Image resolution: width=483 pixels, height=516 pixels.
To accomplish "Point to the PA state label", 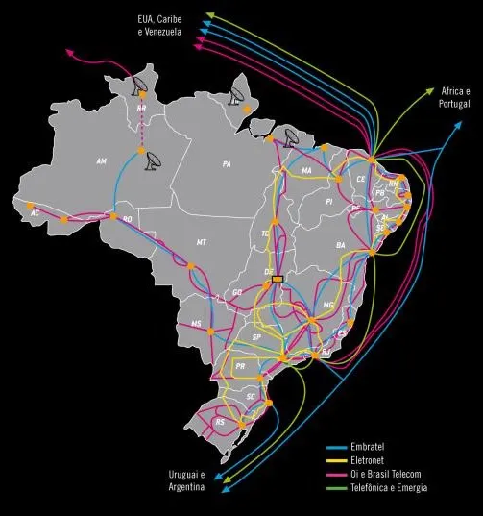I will coord(227,164).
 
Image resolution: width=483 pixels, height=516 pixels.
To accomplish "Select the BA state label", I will coord(340,246).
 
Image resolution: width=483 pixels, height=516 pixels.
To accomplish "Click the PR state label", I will coord(240,366).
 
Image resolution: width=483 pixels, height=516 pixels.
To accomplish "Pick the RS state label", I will coord(220,422).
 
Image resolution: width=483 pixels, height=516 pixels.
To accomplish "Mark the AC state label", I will coord(36,212).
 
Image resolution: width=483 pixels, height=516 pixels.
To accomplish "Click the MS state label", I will coord(197,324).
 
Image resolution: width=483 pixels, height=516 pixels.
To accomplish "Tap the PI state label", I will coord(328,203).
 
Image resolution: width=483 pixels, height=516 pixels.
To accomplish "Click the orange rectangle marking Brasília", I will coord(278,280).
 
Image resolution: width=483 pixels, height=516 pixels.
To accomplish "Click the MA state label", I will coord(307,172).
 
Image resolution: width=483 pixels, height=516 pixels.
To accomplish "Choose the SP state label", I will coord(256,338).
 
